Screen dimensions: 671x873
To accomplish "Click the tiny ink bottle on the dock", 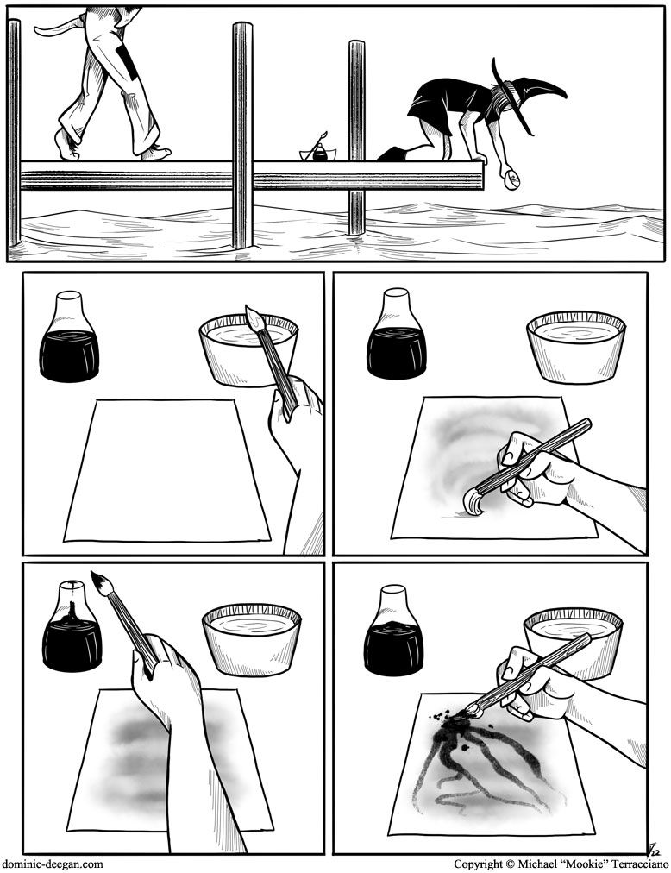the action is [320, 153].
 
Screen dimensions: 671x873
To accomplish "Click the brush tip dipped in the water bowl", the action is [254, 317].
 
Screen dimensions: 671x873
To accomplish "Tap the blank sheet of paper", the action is [167, 470].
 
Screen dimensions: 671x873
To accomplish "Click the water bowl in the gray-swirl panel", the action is [575, 348].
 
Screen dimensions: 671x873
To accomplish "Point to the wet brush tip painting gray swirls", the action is [473, 502].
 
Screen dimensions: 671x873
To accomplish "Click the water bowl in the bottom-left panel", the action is [252, 641].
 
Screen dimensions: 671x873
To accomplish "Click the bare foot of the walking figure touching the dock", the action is [154, 153].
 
